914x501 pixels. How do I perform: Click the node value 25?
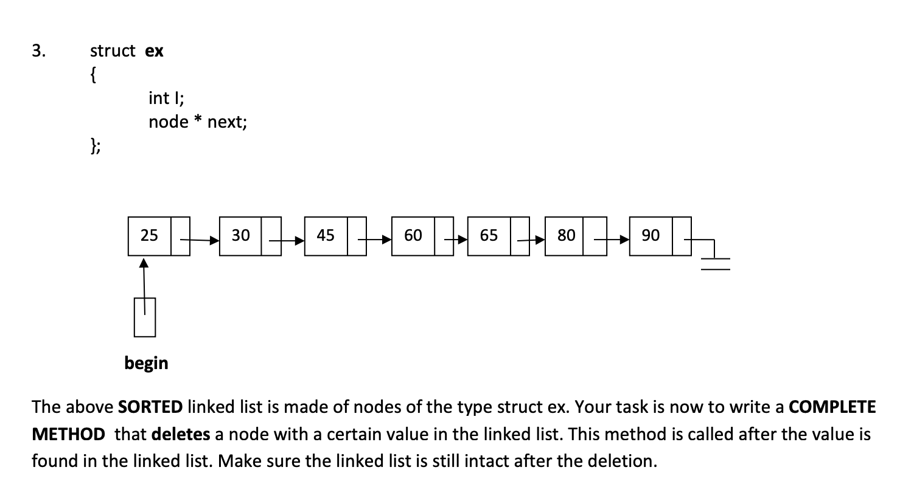coord(149,235)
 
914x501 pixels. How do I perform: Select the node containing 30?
coord(241,235)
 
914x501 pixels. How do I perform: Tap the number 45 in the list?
coord(326,235)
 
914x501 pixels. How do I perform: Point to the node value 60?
coord(413,235)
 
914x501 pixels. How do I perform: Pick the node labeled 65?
coord(489,235)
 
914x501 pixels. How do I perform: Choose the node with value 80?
coord(566,235)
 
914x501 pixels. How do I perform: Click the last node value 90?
coord(651,235)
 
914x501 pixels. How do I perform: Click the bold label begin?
coord(146,363)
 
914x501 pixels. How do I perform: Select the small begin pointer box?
coord(145,317)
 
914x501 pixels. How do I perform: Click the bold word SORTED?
coord(150,407)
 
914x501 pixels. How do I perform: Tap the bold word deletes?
coord(181,434)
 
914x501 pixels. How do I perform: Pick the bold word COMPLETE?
coord(832,407)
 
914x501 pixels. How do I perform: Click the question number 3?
coord(38,50)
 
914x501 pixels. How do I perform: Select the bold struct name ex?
coord(155,51)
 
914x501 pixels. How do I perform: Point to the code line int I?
coord(162,97)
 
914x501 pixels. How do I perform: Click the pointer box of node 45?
coord(357,235)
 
